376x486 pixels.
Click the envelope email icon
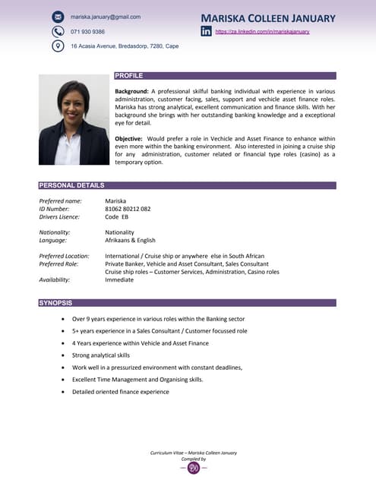58,16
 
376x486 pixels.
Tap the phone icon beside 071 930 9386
58,31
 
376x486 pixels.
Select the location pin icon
58,46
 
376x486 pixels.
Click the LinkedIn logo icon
206,31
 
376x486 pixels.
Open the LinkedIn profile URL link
262,32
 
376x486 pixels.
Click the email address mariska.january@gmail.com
105,16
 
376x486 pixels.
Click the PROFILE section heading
128,76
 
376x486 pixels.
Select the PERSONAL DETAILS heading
71,185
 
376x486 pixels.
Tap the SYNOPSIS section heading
55,303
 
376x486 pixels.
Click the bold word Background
131,91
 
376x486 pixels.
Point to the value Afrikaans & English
130,240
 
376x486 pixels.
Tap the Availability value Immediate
119,279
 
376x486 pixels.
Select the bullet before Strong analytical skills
62,355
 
